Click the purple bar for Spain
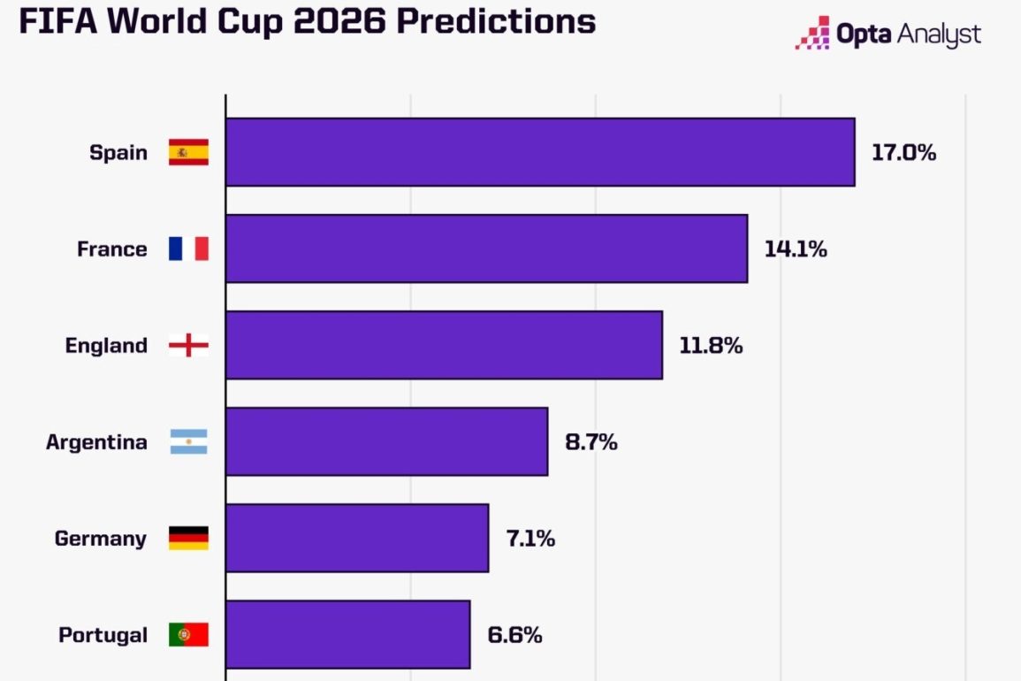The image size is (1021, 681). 540,152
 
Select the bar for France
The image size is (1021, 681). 486,249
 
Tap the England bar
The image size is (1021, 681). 444,345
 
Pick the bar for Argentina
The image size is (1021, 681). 386,441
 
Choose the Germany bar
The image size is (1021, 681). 357,538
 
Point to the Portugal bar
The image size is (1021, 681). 347,634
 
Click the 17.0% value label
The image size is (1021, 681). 903,152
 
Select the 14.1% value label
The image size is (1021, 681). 796,249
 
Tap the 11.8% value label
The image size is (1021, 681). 711,345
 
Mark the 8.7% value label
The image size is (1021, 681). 591,441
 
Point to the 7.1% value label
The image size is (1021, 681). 530,538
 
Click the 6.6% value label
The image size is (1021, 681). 514,634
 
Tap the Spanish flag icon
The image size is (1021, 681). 188,152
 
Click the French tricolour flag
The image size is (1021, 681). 188,249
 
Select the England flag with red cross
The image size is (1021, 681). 188,345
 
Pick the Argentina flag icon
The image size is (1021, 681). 188,441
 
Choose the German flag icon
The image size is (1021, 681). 188,538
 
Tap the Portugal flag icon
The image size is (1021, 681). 188,634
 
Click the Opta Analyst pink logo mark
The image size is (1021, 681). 812,34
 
